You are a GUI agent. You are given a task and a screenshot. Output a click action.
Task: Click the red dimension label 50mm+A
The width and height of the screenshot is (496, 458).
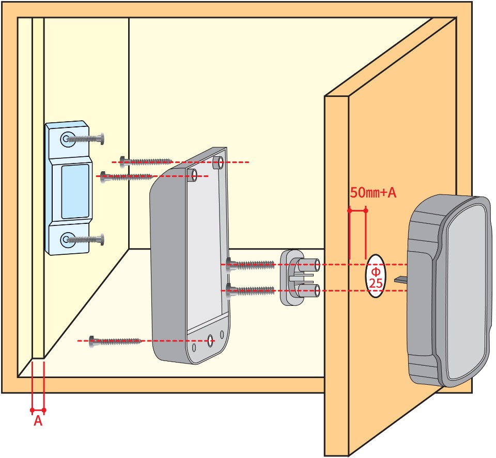[x=373, y=193]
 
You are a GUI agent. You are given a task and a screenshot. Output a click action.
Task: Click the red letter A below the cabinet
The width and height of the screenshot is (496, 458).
[x=38, y=421]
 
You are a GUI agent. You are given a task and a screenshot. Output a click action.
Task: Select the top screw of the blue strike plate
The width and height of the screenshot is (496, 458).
[x=85, y=139]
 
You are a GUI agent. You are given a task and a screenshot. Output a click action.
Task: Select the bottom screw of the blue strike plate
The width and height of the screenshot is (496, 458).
[x=85, y=239]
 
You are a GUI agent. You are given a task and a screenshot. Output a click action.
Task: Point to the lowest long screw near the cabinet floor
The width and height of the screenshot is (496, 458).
[x=115, y=340]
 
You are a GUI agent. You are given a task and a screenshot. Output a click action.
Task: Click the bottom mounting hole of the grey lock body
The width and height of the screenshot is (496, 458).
[x=210, y=340]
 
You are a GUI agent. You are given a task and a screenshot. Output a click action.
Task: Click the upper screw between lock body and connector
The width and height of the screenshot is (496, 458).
[x=250, y=265]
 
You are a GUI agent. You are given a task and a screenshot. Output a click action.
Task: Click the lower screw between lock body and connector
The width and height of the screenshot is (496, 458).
[x=250, y=290]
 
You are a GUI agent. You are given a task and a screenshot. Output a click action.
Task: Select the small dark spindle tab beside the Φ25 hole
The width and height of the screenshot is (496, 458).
[x=401, y=280]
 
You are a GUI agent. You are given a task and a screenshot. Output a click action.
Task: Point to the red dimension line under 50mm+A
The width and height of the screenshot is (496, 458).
[x=358, y=210]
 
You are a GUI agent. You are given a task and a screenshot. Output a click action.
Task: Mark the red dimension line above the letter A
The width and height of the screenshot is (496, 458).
[x=38, y=410]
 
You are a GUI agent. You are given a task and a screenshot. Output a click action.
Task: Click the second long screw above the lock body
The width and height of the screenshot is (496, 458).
[x=127, y=176]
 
